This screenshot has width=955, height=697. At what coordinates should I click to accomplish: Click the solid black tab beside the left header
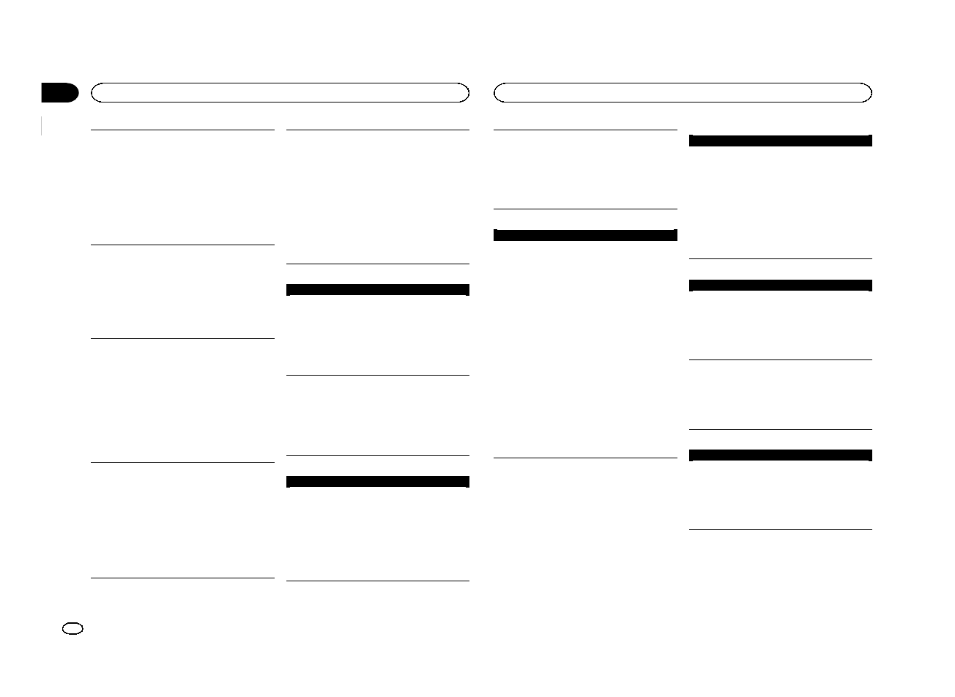point(59,93)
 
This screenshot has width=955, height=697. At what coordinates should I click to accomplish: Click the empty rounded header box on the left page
point(279,93)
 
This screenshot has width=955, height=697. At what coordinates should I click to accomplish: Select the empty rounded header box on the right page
point(683,93)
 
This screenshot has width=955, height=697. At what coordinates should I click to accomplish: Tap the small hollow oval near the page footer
point(74,629)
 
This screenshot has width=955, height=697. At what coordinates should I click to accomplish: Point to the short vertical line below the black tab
point(42,125)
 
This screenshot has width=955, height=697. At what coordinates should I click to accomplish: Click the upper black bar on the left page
point(377,290)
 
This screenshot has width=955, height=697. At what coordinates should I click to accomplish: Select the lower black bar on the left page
point(377,482)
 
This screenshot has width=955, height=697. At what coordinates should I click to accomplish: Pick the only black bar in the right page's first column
point(585,235)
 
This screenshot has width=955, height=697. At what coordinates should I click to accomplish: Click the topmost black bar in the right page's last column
point(781,141)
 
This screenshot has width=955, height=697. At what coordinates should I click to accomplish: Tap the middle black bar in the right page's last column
point(781,286)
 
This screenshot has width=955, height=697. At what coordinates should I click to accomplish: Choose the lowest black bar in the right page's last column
point(781,455)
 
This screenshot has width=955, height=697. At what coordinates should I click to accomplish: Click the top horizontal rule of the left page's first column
point(182,130)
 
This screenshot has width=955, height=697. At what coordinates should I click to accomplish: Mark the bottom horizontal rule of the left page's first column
point(182,578)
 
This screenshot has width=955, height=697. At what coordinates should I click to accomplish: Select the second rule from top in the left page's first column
point(182,245)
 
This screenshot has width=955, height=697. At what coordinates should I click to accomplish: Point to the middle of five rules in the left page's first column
point(182,338)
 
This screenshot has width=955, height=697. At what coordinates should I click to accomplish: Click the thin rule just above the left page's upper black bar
point(377,264)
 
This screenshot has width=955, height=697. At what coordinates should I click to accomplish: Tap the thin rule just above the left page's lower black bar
point(377,456)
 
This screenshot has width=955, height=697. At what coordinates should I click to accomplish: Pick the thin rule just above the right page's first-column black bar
point(585,209)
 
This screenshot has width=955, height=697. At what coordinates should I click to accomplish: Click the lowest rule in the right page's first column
point(585,458)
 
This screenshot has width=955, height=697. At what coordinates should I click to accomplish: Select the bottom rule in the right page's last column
point(781,529)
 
